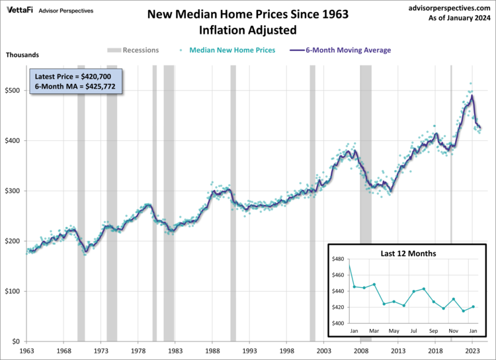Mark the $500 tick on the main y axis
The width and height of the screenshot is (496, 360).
pos(13,90)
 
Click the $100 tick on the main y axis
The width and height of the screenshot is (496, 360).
pos(13,291)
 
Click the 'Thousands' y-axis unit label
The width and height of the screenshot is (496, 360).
pos(22,55)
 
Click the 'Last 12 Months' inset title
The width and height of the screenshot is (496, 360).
pos(408,253)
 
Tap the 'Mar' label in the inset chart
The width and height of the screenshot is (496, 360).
pos(374,330)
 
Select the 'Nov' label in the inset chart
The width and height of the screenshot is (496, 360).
pos(452,330)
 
